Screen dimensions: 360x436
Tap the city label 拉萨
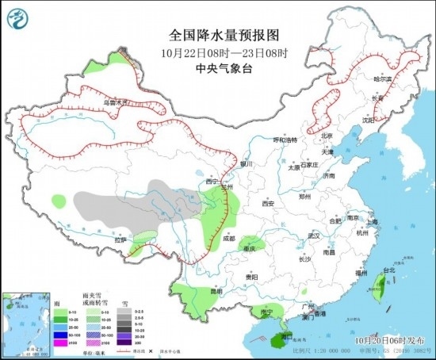(120, 239)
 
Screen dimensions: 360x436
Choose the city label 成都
(228, 237)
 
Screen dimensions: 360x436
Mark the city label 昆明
(205, 291)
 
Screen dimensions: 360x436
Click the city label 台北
(388, 270)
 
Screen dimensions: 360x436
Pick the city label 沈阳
(367, 120)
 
